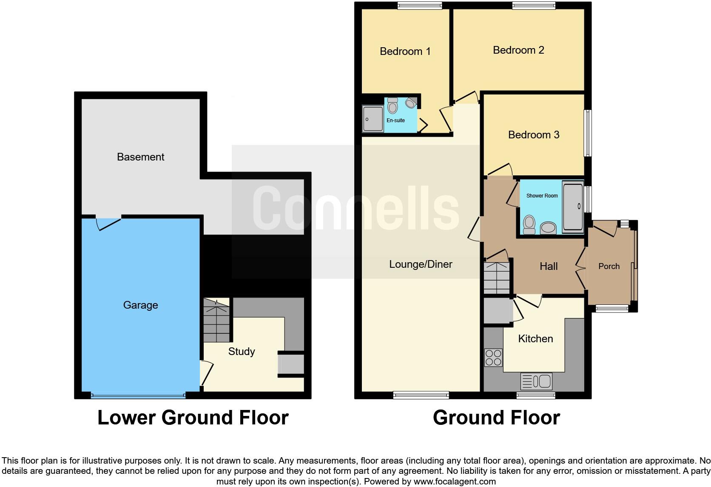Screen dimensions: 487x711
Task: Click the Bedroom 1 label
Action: coord(405,52)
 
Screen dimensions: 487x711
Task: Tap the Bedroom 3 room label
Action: coord(533,135)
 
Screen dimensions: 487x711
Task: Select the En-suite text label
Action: coord(395,120)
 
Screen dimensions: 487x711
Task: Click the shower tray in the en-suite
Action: coord(373,119)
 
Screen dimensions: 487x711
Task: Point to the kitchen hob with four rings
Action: coord(493,358)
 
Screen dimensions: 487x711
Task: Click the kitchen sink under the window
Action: coord(536,381)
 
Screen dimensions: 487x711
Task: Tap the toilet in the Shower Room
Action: coord(529,224)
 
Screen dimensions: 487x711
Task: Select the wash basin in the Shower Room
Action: coord(548,228)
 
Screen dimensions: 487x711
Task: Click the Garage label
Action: coord(140,305)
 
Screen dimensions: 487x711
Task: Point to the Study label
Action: coord(241,352)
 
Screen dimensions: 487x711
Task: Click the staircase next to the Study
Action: coord(216,320)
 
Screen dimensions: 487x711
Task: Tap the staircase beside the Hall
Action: coord(497,278)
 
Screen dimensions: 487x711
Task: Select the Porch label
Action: coord(609,266)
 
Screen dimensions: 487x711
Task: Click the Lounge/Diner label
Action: coord(421,264)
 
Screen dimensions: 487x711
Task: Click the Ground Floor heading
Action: coord(496,418)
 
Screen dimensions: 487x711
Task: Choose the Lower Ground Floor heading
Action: coord(193,418)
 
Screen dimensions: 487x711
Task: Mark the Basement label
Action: coord(140,157)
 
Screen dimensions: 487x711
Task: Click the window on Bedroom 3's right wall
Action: coord(587,133)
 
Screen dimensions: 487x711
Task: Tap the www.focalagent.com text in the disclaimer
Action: coord(455,482)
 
